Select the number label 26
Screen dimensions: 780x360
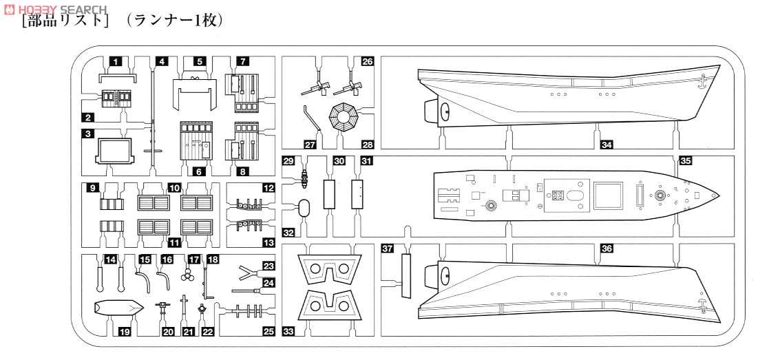point(367,62)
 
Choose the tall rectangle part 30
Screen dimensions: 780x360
point(329,194)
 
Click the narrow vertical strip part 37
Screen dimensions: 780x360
point(406,276)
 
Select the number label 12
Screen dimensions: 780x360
point(268,189)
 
